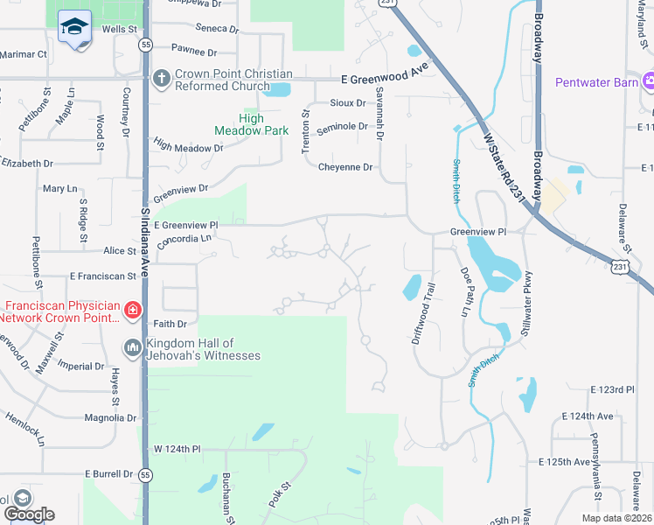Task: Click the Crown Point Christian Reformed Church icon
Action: click(x=161, y=80)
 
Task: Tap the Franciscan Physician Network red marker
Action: click(x=132, y=309)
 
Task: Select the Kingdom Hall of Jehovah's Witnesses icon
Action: click(x=132, y=348)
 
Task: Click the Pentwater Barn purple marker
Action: click(x=649, y=82)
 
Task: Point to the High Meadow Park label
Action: click(x=239, y=124)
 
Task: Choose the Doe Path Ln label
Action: click(x=463, y=292)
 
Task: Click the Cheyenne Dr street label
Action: click(x=345, y=167)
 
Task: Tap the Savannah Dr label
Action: click(x=380, y=122)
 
